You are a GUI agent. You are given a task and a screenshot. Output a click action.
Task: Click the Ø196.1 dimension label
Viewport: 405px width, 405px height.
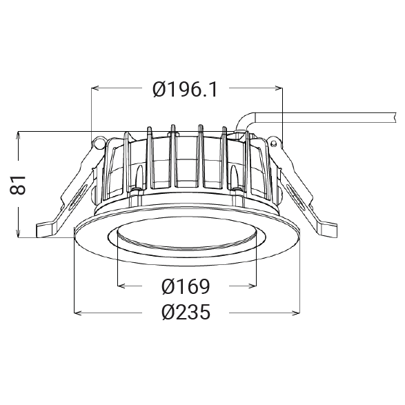(185, 90)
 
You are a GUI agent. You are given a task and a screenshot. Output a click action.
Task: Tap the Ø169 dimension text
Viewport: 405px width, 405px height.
(186, 286)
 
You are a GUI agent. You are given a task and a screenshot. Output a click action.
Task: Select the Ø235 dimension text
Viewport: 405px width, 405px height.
(186, 312)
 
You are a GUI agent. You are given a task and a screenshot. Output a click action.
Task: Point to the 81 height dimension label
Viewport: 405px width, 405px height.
(18, 185)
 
